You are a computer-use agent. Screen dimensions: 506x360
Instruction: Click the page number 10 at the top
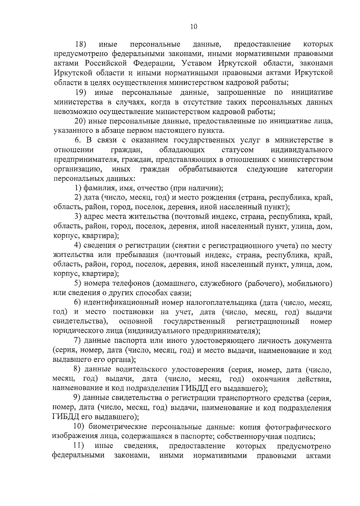[x=193, y=27]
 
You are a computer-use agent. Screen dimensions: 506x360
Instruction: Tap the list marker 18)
[x=81, y=44]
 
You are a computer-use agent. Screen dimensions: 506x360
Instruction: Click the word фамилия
[x=98, y=188]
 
